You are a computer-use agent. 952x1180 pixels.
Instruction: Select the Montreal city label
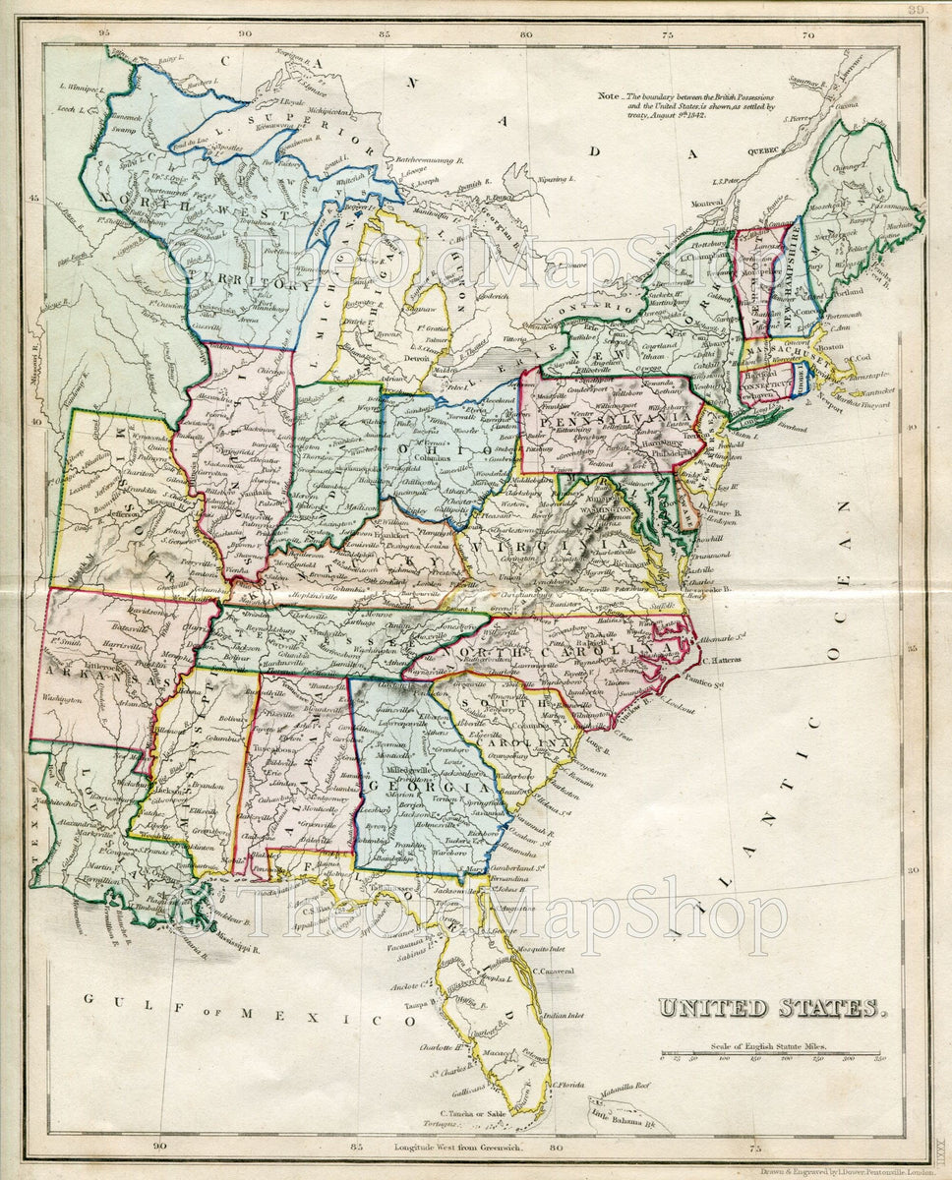[706, 203]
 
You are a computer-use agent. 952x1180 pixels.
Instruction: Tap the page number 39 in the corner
[917, 9]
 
